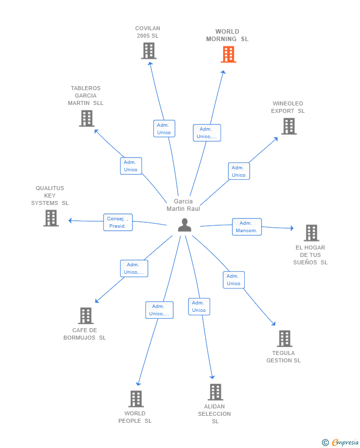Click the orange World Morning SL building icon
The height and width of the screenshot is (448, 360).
[228, 54]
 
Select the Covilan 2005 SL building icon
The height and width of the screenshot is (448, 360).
[149, 51]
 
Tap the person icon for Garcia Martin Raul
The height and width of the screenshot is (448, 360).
[184, 225]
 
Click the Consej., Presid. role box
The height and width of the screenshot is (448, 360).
[118, 222]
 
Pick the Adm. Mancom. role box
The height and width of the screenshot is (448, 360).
[247, 227]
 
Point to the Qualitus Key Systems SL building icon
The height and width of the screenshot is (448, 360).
[51, 218]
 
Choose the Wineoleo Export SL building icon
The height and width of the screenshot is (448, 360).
[289, 126]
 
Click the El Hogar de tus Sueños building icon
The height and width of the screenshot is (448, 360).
[312, 233]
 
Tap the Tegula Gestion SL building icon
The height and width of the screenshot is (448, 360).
[285, 339]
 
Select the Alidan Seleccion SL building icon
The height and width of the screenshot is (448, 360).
[216, 392]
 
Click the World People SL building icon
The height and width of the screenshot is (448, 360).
[136, 399]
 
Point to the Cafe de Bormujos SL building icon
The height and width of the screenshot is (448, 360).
[86, 316]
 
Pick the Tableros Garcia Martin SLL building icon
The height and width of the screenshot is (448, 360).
[87, 118]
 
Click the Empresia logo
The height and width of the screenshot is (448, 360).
[340, 442]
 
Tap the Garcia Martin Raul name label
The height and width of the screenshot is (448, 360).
[183, 205]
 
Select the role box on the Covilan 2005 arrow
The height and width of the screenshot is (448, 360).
[164, 129]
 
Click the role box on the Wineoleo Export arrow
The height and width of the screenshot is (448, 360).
[239, 171]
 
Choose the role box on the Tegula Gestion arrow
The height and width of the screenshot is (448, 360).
[234, 280]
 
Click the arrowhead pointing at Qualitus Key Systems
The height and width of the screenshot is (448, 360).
[70, 220]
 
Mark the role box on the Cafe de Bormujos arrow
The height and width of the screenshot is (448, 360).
[134, 269]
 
